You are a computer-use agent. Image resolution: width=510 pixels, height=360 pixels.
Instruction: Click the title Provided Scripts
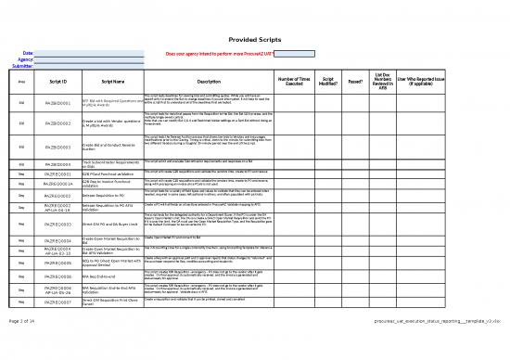[x=255, y=39]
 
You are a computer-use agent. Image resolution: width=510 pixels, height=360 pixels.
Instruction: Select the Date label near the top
[x=28, y=54]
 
